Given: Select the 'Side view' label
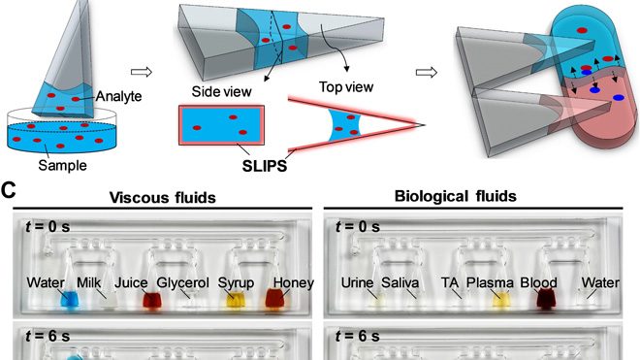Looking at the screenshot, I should click(x=225, y=92).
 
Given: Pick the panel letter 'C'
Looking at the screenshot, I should click(x=8, y=193).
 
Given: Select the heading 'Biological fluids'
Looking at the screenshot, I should click(x=470, y=198).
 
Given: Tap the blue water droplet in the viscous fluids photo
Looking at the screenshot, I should click(x=69, y=302).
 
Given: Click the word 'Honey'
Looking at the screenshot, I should click(x=289, y=283).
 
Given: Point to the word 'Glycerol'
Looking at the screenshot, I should click(x=186, y=283).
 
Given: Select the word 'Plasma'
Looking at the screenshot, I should click(x=490, y=283).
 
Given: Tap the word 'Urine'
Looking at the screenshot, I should click(x=359, y=283).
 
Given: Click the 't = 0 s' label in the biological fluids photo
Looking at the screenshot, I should click(x=361, y=228).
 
